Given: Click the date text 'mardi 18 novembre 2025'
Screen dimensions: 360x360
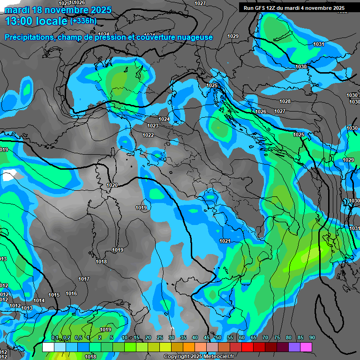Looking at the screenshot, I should (x=58, y=10).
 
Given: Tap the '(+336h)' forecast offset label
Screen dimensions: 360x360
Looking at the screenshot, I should (x=83, y=21).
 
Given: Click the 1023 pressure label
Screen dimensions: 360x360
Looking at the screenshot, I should (x=153, y=126).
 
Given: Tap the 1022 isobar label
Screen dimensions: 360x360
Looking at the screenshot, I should (x=148, y=135).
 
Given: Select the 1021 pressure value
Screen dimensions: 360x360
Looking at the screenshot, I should (x=225, y=241).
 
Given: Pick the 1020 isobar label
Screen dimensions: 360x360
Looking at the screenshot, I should (x=112, y=185).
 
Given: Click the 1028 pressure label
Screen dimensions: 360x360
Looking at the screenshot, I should (x=285, y=101).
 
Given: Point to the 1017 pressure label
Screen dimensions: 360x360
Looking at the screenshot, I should (x=84, y=279).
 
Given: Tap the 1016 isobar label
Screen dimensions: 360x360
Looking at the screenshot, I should (x=71, y=293).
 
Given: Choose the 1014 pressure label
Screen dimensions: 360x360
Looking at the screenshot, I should (x=39, y=300).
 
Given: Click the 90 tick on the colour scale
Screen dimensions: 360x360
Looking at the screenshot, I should (x=312, y=337).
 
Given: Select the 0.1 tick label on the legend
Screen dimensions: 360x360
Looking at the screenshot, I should (x=54, y=337).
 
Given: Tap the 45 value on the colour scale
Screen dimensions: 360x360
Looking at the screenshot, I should (x=207, y=337).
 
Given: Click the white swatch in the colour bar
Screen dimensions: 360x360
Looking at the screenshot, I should (x=48, y=347).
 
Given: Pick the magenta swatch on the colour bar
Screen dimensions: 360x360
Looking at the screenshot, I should (x=306, y=347).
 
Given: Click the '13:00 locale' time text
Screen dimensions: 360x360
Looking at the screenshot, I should (x=36, y=21).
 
